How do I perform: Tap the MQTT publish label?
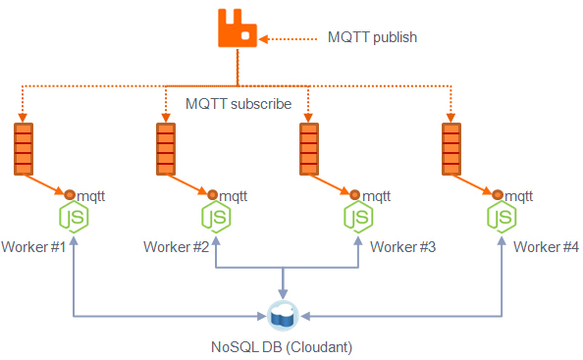pos(372,38)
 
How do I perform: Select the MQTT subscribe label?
pos(238,103)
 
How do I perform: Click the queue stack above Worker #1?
pos(24,148)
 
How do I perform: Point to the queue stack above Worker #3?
pos(309,148)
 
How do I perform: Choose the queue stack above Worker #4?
pos(451,148)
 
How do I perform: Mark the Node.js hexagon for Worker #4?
pos(501,217)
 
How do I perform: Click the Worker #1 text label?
pos(33,246)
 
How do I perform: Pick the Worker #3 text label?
pos(402,246)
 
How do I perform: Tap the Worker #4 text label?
pos(546,246)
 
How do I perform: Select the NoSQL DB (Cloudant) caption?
pos(282,346)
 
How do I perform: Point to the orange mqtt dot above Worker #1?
pos(69,194)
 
